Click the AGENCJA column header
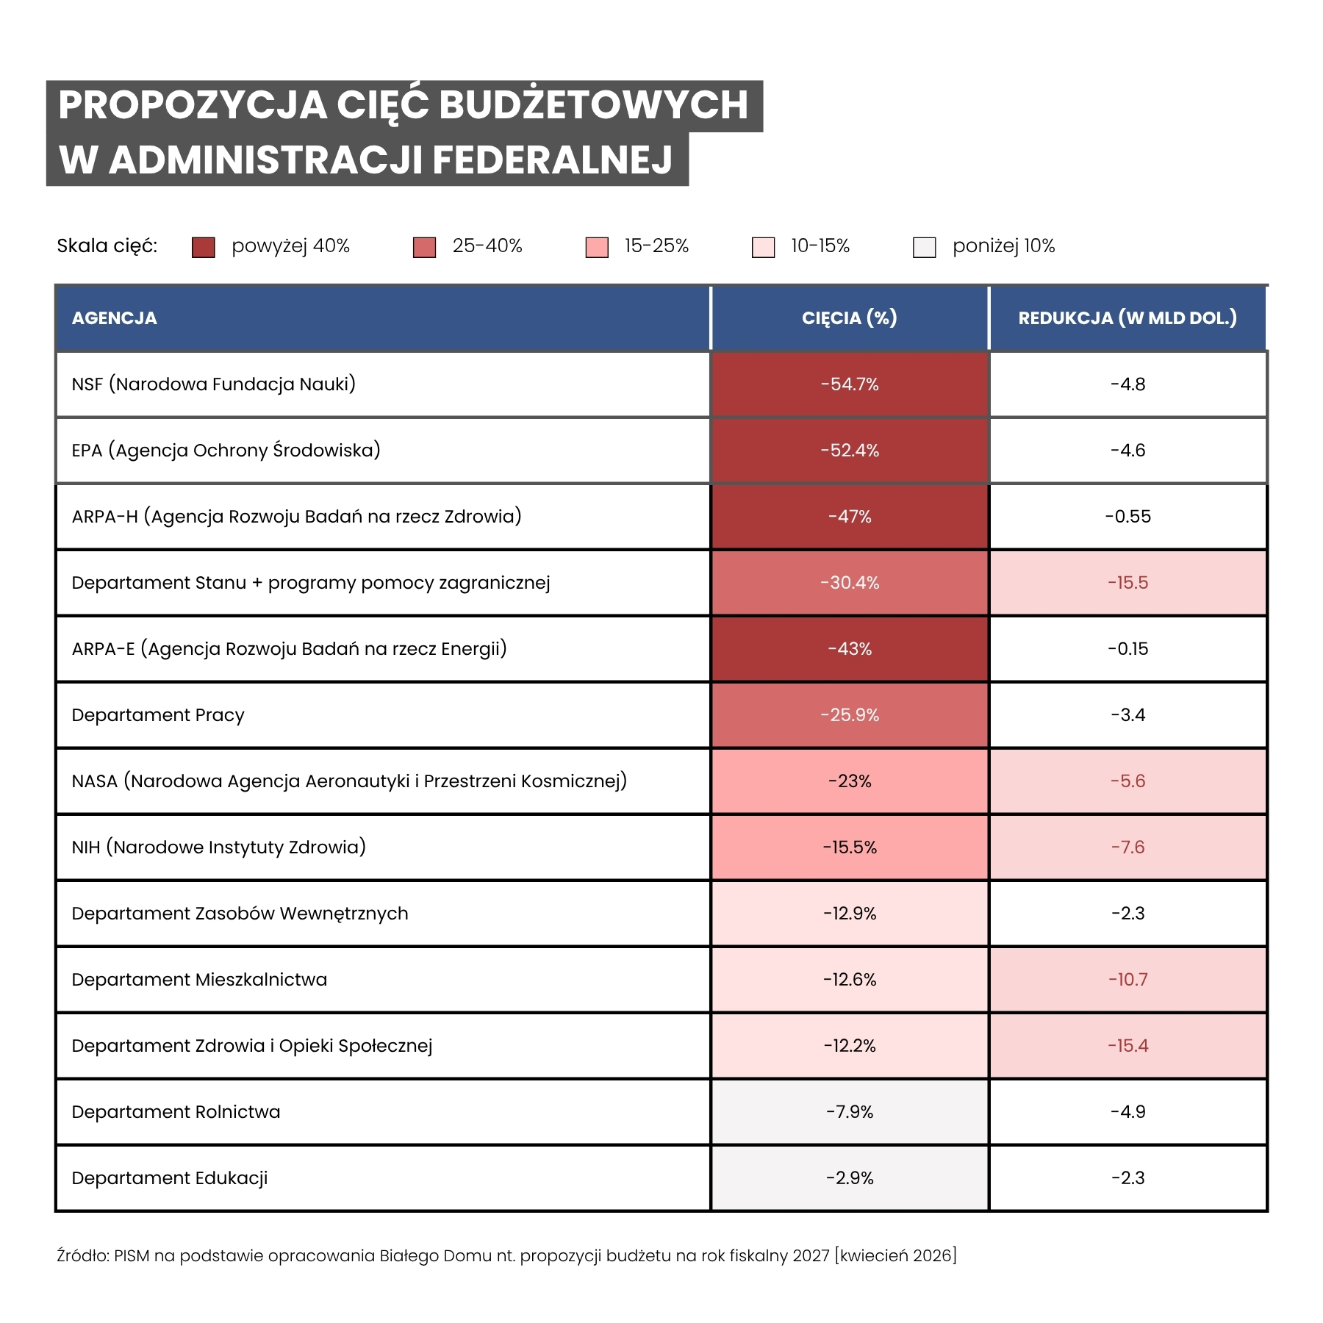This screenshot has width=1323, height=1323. (x=115, y=318)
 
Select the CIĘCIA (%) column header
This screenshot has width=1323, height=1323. (x=849, y=318)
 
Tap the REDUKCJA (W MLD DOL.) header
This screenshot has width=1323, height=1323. (x=1127, y=318)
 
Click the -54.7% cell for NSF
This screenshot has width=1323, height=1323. (x=850, y=384)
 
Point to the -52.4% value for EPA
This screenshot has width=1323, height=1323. (x=850, y=451)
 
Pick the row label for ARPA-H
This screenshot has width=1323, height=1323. (x=296, y=517)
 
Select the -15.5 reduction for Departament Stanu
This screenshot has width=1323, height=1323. (x=1127, y=583)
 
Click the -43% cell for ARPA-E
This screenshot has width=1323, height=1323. (x=850, y=649)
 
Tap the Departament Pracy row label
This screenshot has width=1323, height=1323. (x=158, y=715)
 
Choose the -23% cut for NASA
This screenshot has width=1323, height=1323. (x=850, y=781)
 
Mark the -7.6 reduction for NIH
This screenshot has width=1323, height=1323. (x=1127, y=847)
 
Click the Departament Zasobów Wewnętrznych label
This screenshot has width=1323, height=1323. (x=240, y=914)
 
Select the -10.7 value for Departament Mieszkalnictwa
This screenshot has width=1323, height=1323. (x=1127, y=980)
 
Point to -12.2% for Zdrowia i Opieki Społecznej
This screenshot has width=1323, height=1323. (x=850, y=1046)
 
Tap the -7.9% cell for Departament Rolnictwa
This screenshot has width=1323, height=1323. (x=850, y=1112)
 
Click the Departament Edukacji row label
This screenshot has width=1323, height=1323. (x=170, y=1178)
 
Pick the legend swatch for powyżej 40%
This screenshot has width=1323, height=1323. (x=203, y=247)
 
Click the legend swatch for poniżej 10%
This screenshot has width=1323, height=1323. (x=924, y=247)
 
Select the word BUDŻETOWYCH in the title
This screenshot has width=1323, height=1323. (x=593, y=105)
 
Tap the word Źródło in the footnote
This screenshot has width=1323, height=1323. (x=82, y=1255)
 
